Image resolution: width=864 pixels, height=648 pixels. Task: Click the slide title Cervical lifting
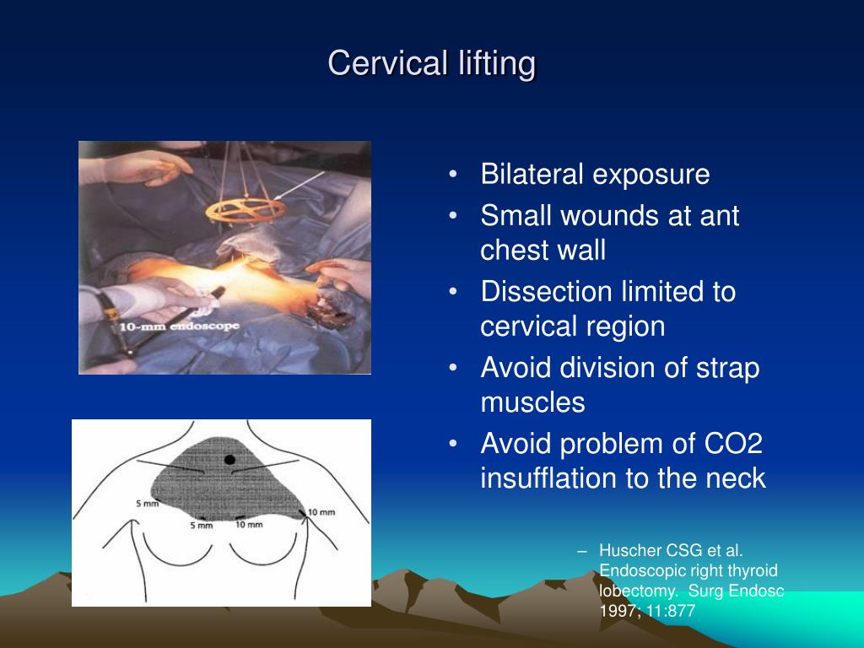coord(431,63)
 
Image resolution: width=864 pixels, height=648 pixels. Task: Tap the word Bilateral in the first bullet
coord(532,175)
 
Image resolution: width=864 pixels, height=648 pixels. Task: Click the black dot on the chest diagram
coord(229,459)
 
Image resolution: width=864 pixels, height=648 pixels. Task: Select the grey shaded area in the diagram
coord(245,485)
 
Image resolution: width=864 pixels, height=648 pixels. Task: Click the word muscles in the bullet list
coord(532,402)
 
